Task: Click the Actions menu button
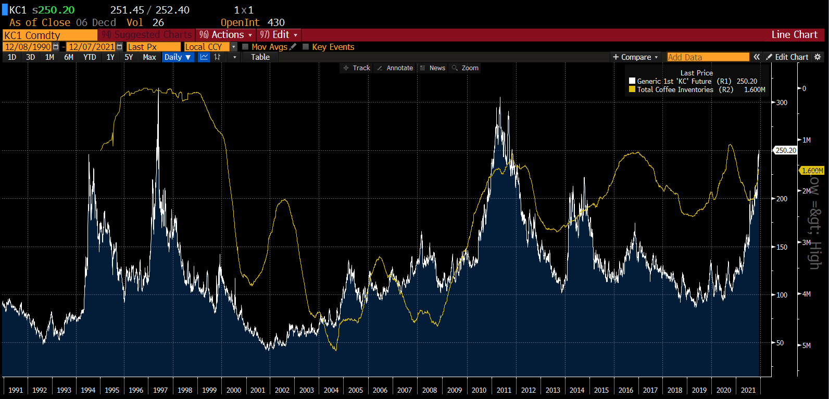226,35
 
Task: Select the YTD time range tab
90,57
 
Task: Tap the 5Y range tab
129,57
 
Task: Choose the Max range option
149,57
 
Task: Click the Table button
260,57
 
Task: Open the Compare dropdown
636,57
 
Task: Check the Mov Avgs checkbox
246,47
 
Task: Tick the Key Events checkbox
306,47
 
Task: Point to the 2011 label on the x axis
504,390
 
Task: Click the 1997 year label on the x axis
160,390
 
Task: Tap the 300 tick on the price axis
782,102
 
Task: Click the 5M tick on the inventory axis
806,345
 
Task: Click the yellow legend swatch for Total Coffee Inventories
632,89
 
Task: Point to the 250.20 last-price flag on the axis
785,150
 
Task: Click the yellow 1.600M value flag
812,171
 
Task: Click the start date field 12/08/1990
28,47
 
